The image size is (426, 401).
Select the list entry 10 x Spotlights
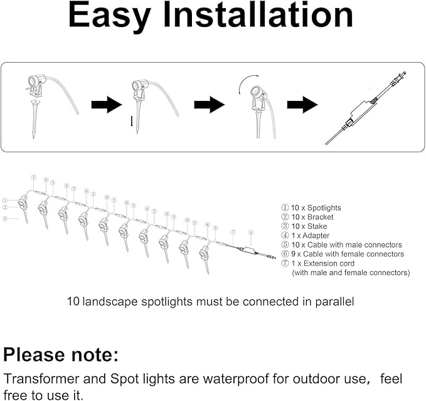pyautogui.click(x=311, y=207)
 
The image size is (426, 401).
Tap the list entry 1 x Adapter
pyautogui.click(x=307, y=236)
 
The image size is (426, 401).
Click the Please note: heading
pyautogui.click(x=61, y=355)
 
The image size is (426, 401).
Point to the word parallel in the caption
pyautogui.click(x=334, y=301)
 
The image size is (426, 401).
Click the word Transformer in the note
pyautogui.click(x=40, y=380)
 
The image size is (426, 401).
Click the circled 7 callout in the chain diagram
pyautogui.click(x=232, y=232)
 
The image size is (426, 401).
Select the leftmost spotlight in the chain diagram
pyautogui.click(x=23, y=204)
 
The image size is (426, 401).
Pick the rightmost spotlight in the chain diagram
pyautogui.click(x=204, y=254)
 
